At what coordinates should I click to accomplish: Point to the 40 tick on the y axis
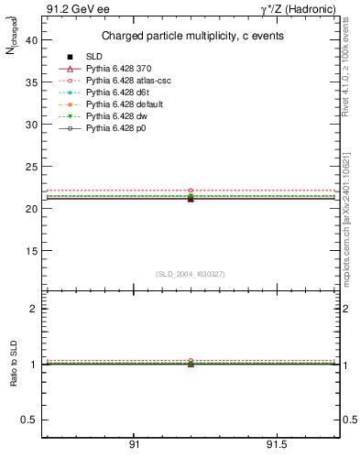pyautogui.click(x=29, y=40)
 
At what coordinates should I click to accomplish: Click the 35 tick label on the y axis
pyautogui.click(x=29, y=82)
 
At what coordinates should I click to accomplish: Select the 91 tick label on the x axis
pyautogui.click(x=135, y=444)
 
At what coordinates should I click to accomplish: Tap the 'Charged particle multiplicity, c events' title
pyautogui.click(x=192, y=37)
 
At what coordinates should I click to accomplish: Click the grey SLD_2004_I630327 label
pyautogui.click(x=191, y=274)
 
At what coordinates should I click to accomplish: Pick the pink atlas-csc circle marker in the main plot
pyautogui.click(x=191, y=191)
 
